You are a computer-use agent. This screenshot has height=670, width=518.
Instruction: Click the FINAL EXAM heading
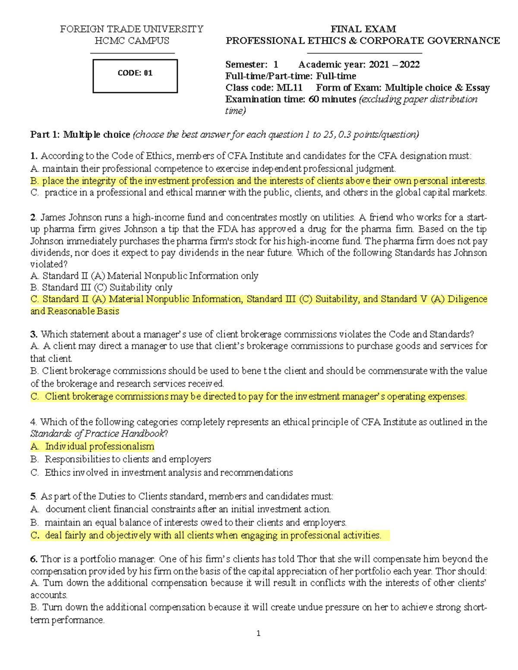[x=363, y=29]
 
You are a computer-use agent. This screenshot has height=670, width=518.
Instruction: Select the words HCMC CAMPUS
[x=132, y=41]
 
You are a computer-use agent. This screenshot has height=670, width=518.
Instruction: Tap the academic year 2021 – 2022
[x=394, y=65]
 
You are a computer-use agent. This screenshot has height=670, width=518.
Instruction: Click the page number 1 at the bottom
[x=258, y=633]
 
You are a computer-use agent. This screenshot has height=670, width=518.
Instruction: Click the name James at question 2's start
[x=53, y=217]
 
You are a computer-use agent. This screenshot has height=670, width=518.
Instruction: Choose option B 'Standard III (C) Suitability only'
[x=102, y=287]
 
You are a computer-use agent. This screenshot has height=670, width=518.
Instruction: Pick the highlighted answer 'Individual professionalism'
[x=99, y=446]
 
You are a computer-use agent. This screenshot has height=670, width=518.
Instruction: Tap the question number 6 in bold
[x=34, y=559]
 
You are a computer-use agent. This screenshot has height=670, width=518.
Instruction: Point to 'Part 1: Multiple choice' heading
[x=80, y=135]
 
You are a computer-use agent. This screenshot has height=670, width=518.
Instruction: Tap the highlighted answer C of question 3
[x=249, y=396]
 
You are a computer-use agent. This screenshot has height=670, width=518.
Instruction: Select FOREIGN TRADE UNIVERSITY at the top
[x=132, y=29]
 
